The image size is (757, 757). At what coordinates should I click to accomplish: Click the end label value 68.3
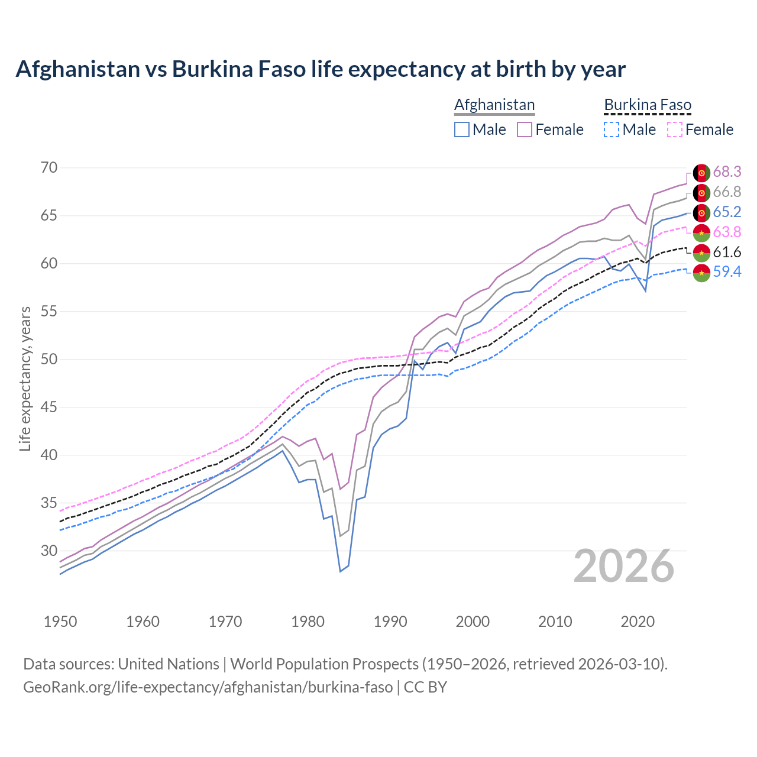tap(727, 172)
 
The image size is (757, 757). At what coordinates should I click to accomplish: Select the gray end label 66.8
tap(727, 192)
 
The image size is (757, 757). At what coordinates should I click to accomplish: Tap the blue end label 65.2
tap(727, 212)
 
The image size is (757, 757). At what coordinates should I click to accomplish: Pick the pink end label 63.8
tap(727, 232)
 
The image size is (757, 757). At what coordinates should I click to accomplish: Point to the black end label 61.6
tap(727, 252)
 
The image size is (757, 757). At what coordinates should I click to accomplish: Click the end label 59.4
tap(727, 272)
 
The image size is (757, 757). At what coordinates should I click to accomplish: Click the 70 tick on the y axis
tap(49, 168)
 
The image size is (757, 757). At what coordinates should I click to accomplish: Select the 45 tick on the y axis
tap(49, 407)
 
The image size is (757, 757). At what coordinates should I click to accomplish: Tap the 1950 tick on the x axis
tap(60, 622)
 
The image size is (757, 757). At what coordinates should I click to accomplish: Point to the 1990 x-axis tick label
tap(390, 622)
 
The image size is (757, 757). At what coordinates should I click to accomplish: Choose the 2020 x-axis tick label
tap(638, 622)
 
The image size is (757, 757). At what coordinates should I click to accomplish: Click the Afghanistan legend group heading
tap(494, 105)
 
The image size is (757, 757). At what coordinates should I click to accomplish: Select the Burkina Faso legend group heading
tap(648, 105)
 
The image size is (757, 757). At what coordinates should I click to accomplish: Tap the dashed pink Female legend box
tap(675, 130)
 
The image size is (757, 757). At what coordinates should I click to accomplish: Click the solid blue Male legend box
tap(462, 130)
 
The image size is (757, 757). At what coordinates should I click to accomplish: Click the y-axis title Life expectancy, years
tap(25, 378)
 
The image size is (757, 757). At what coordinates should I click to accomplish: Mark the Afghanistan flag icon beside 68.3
tap(701, 172)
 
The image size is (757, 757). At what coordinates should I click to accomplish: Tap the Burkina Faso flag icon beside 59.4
tap(701, 273)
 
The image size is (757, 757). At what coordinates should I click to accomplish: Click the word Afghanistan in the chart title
tap(77, 69)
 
